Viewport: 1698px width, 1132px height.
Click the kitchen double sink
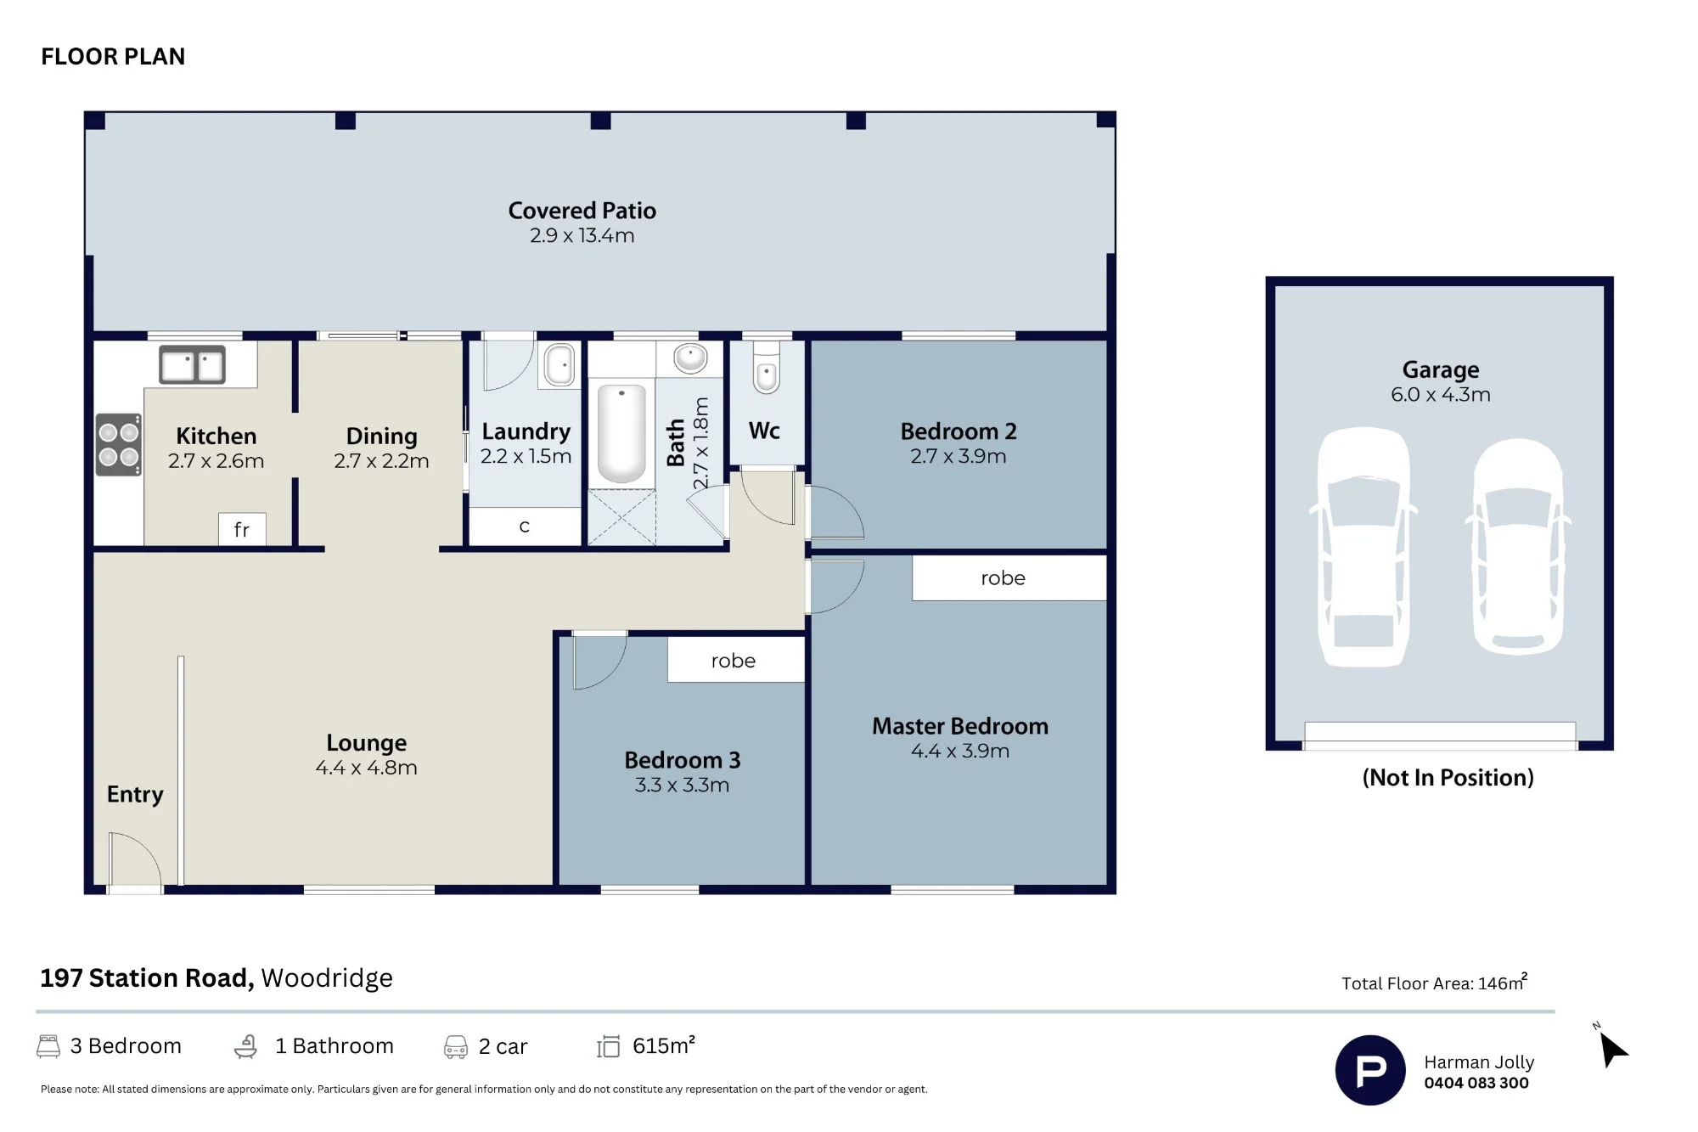pos(193,365)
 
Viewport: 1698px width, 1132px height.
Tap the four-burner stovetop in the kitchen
pos(119,444)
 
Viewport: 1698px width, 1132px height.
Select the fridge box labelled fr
pos(242,529)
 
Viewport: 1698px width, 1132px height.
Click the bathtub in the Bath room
pos(621,433)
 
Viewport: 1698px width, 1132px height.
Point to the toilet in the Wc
pos(767,367)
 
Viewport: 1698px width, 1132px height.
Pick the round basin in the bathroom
pos(690,358)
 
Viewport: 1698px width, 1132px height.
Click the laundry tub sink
pos(559,364)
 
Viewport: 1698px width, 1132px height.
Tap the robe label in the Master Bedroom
pos(1003,578)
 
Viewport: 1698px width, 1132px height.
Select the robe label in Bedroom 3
pos(734,661)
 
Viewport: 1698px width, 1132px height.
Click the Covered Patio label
pos(582,211)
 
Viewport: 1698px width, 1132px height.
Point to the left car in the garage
pos(1363,545)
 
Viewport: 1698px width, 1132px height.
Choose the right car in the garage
pos(1518,546)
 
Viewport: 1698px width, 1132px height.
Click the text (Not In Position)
pos(1448,778)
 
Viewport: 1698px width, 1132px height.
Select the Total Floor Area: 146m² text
pos(1435,983)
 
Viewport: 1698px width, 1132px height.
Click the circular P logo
pos(1370,1070)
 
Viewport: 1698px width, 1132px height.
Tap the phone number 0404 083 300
pos(1476,1083)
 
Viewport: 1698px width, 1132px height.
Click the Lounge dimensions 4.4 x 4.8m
pos(367,768)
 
